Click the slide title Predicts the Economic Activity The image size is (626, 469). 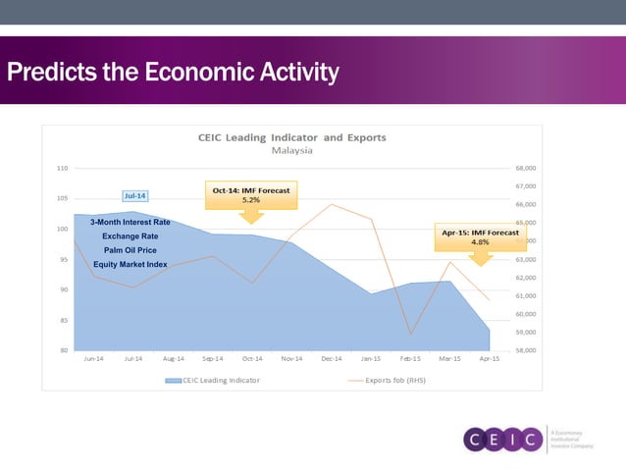[173, 73]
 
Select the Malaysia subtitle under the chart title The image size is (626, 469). [291, 152]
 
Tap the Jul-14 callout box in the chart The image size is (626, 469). [135, 195]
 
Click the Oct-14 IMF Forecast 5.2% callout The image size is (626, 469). [250, 194]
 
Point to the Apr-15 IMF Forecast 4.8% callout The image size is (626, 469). [480, 236]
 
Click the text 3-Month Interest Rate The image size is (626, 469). [130, 223]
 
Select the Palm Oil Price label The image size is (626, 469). [130, 250]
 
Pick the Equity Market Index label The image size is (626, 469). [130, 265]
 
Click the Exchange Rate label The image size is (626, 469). [130, 236]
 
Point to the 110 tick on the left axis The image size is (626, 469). [62, 169]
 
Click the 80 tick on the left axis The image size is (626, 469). [64, 350]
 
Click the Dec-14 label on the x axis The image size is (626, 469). [331, 359]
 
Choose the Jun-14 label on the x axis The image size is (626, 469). [94, 359]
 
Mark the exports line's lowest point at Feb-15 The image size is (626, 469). [410, 335]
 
